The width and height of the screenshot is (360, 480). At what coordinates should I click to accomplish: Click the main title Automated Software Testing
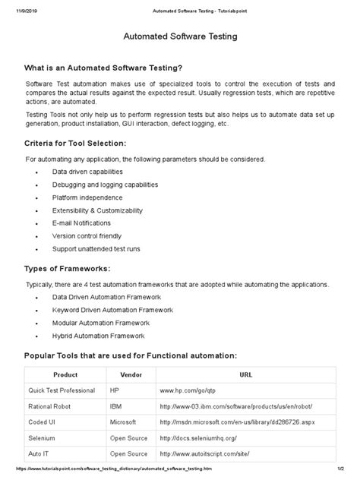[x=180, y=36]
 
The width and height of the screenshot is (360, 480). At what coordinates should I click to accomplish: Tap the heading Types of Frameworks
[x=68, y=268]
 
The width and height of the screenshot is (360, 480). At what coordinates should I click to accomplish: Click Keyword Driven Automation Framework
[x=112, y=310]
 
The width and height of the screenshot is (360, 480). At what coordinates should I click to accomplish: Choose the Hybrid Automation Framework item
[x=98, y=335]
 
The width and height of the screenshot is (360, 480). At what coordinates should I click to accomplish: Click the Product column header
[x=65, y=375]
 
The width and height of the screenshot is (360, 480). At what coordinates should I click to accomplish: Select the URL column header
[x=246, y=375]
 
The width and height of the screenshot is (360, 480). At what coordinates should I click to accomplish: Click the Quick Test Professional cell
[x=64, y=390]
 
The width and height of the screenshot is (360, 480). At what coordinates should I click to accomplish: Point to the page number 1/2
[x=349, y=473]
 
